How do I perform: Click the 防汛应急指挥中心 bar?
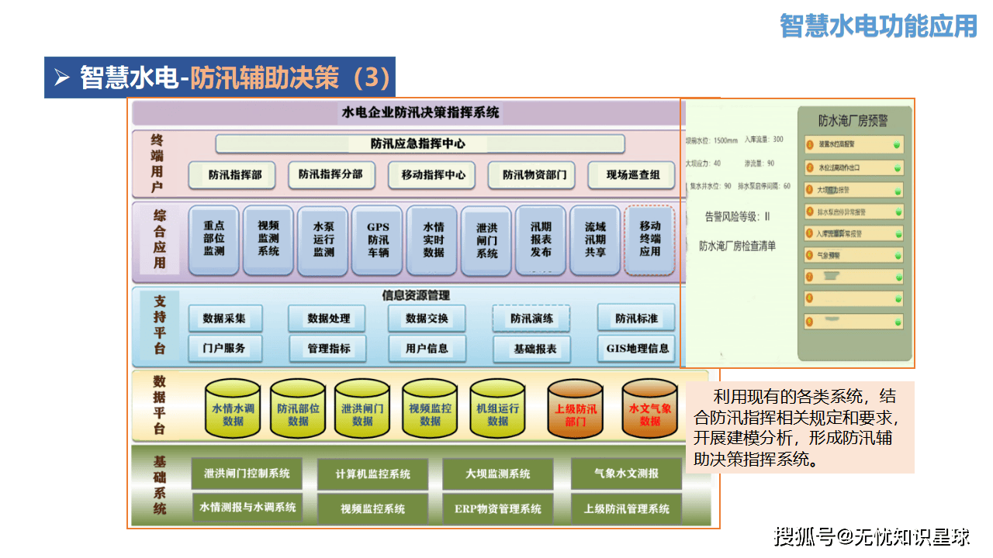(420, 144)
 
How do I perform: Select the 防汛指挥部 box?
(234, 175)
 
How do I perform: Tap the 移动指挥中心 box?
(433, 175)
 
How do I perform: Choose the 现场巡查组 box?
(633, 175)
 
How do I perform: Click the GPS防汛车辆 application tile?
(378, 239)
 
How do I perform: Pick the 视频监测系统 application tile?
(268, 239)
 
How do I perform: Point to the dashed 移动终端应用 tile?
(650, 239)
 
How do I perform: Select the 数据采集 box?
(224, 319)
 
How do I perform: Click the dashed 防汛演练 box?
(531, 319)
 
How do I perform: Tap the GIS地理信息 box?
(637, 348)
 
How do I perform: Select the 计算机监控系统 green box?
(373, 474)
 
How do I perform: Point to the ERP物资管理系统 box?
(498, 509)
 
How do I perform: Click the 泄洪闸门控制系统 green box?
(247, 474)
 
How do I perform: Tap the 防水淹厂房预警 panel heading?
(853, 121)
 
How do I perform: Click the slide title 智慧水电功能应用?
(878, 26)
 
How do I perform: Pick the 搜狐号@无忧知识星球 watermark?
(872, 536)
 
